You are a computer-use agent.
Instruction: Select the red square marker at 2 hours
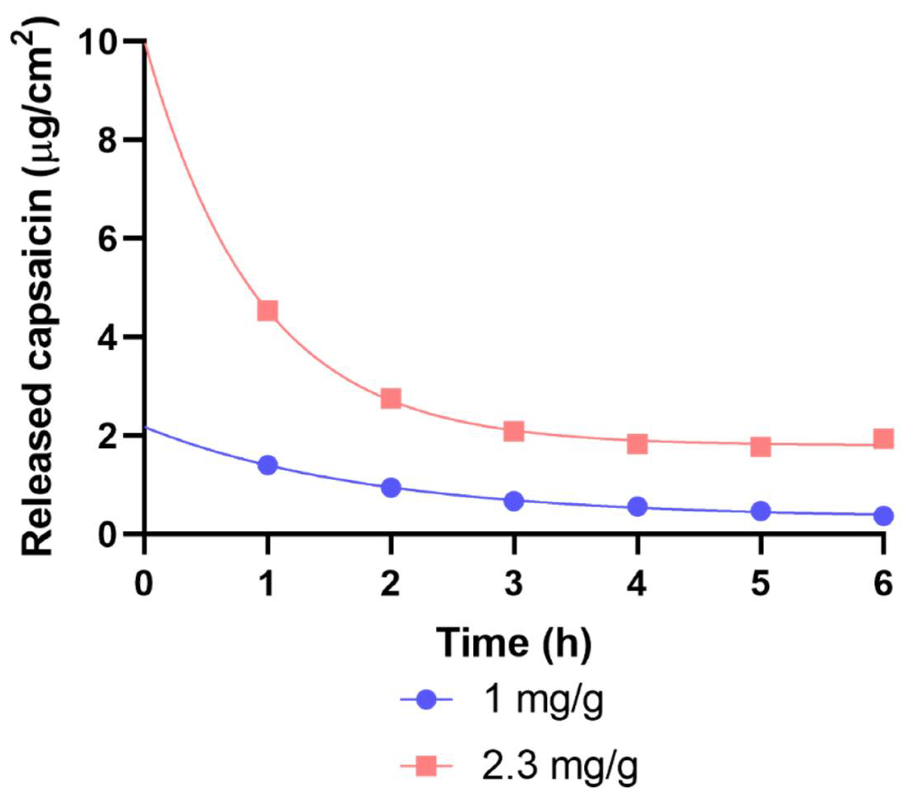click(391, 398)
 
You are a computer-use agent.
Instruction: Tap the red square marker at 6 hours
click(883, 438)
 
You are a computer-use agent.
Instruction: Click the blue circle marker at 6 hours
click(883, 516)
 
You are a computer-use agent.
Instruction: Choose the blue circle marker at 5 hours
click(760, 511)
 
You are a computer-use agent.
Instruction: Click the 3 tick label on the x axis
click(514, 585)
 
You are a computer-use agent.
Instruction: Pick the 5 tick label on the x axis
click(760, 585)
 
